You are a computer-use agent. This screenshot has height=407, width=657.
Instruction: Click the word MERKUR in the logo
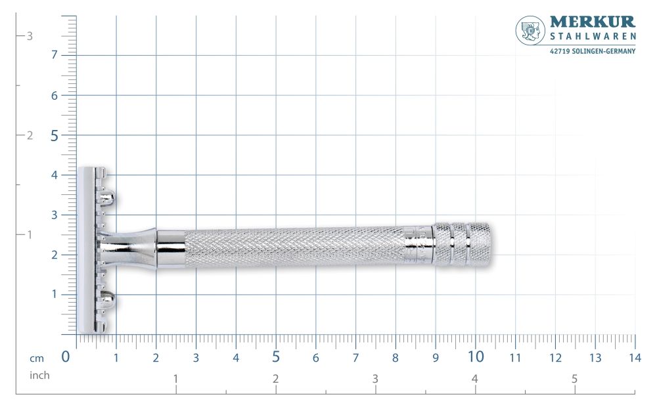(x=592, y=24)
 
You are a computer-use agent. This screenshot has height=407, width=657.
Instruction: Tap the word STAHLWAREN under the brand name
(x=592, y=38)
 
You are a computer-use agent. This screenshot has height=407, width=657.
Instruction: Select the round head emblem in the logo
(x=530, y=30)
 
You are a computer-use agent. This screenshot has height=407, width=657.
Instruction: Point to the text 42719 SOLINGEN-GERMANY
(x=592, y=51)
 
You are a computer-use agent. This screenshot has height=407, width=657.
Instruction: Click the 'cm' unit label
(x=37, y=358)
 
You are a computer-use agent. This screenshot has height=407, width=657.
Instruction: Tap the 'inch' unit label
(x=39, y=375)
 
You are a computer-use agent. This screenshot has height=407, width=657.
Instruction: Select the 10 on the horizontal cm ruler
(x=476, y=357)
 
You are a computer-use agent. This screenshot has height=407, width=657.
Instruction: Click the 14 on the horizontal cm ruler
(x=634, y=358)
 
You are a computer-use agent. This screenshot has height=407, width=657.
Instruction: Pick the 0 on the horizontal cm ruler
(x=66, y=357)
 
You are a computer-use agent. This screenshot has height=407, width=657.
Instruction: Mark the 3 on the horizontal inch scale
(x=374, y=379)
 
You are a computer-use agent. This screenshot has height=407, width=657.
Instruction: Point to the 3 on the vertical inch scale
(x=29, y=36)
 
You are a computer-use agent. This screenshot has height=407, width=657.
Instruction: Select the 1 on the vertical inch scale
(x=29, y=234)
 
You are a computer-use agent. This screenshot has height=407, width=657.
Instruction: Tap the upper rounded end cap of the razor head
(x=109, y=197)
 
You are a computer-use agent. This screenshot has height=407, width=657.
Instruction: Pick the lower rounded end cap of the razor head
(x=109, y=301)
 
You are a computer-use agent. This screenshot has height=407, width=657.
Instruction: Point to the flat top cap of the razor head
(x=86, y=249)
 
